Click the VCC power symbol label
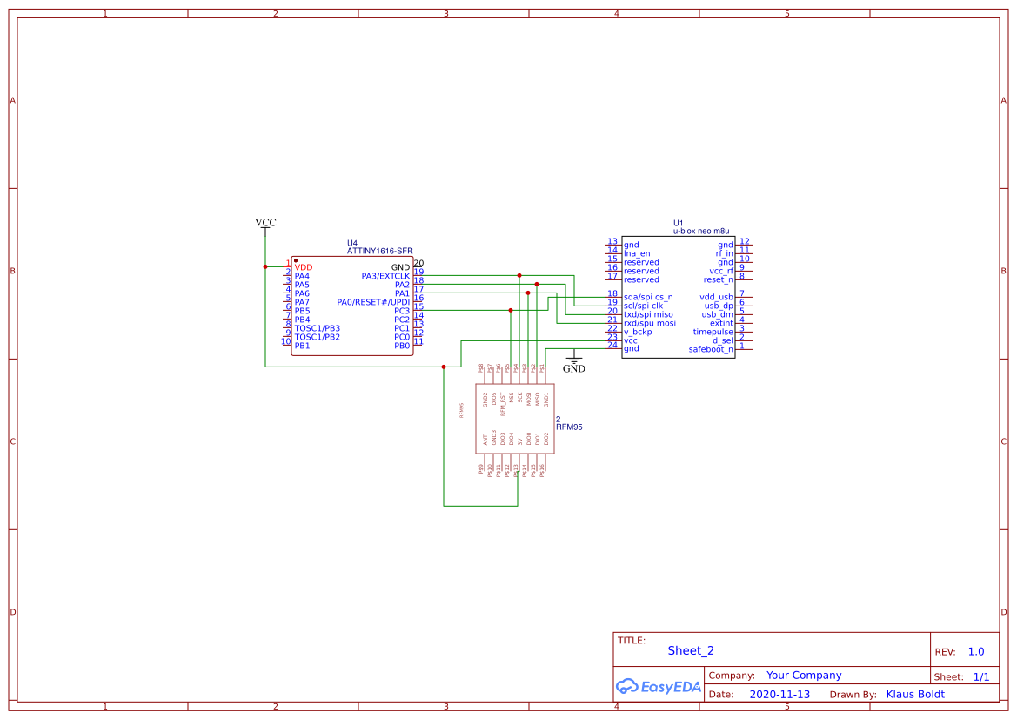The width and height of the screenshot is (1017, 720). tap(265, 223)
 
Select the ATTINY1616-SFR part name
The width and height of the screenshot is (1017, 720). tap(380, 251)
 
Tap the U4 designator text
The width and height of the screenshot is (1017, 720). tap(352, 243)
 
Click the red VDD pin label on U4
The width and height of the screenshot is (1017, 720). tap(304, 267)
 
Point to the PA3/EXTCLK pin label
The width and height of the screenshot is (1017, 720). tap(385, 276)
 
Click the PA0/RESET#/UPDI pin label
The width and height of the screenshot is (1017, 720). tap(373, 302)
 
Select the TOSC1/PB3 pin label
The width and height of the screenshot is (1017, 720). tap(318, 328)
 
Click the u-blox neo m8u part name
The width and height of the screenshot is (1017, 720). tap(701, 232)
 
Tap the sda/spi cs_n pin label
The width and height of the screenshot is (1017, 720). tap(648, 297)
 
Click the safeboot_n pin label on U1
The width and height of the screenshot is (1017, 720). tap(711, 349)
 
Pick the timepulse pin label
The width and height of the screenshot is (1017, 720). tap(713, 332)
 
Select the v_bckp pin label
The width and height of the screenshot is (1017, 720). tap(638, 332)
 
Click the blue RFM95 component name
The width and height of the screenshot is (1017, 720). tap(569, 427)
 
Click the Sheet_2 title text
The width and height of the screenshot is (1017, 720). tap(691, 650)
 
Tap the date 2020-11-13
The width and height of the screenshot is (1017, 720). tap(779, 695)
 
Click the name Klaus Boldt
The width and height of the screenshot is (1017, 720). tap(914, 695)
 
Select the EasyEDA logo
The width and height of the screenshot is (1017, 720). tap(659, 687)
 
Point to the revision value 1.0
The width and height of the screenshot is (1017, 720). tap(976, 651)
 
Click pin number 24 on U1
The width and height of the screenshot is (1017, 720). tap(612, 346)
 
